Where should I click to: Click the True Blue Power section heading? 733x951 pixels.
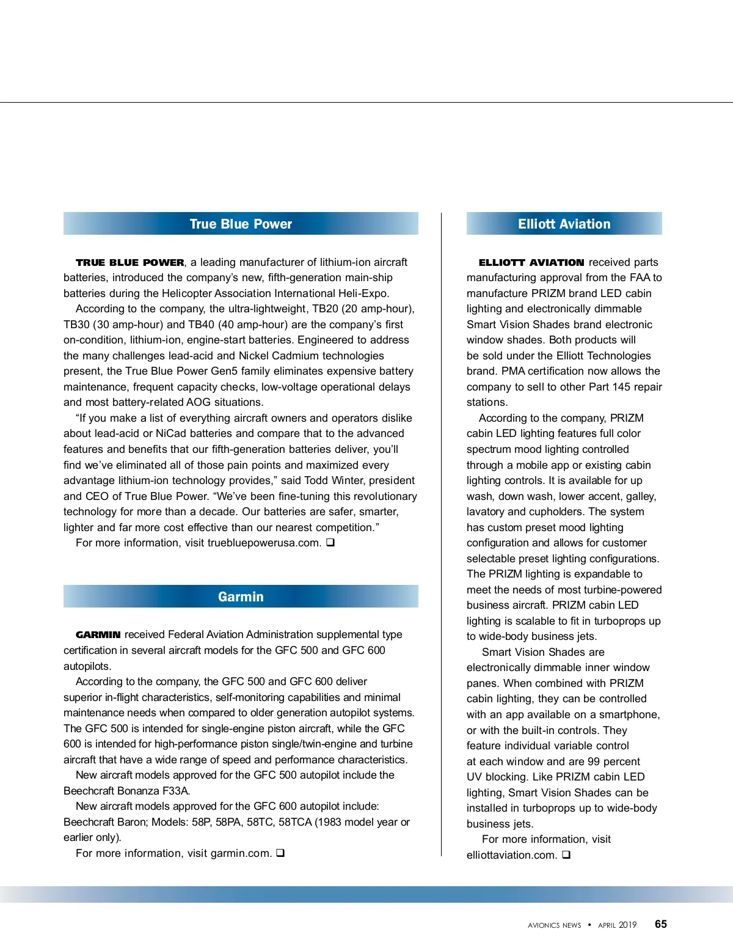(241, 224)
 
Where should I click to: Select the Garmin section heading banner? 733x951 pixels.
(241, 597)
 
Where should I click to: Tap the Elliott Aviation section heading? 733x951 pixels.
(564, 224)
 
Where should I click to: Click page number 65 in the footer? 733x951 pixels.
(660, 924)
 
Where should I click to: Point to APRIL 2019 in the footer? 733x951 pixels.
(617, 925)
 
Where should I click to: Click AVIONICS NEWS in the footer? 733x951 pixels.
(554, 925)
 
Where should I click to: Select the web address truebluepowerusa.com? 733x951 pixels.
(264, 543)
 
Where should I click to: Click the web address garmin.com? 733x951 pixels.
(241, 853)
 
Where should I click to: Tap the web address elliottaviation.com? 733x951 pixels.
(511, 855)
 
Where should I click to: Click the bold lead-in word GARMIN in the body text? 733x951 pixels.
(98, 635)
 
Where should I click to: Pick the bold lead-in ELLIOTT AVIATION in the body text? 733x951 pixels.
(531, 263)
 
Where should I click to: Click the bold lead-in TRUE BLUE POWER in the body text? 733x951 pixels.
(129, 263)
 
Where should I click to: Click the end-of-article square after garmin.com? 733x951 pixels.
(280, 853)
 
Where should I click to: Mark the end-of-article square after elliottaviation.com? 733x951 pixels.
(566, 854)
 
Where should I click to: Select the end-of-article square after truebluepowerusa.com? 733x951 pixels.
(330, 542)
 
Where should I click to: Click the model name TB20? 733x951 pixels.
(325, 309)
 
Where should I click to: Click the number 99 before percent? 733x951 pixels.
(594, 762)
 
